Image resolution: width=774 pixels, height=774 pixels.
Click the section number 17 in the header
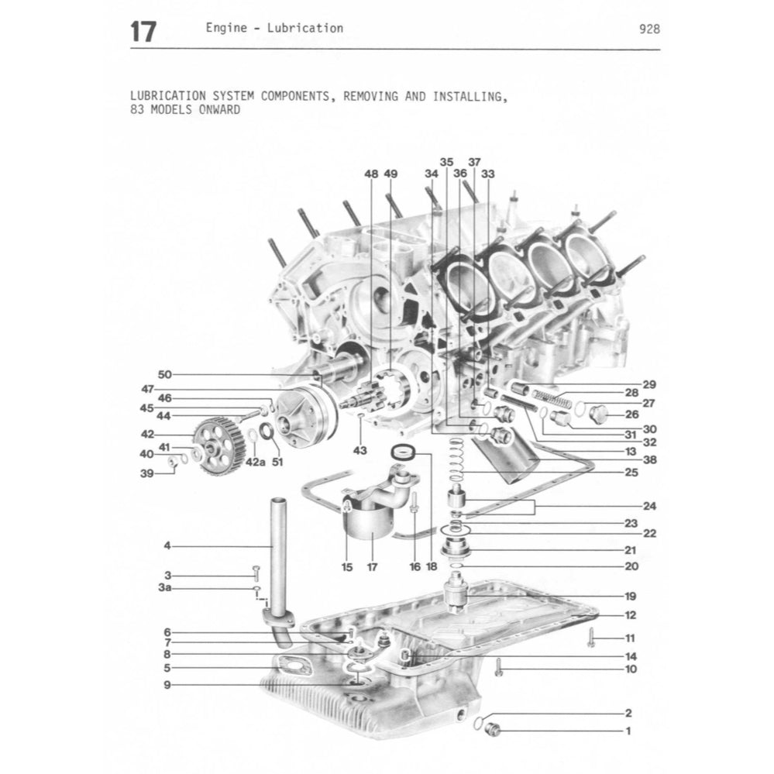coord(143,32)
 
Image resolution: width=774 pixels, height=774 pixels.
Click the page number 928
coord(649,29)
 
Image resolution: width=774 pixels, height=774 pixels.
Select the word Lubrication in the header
coord(304,28)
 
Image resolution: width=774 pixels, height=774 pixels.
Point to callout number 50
coord(164,374)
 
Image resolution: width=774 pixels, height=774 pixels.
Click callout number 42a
coord(254,463)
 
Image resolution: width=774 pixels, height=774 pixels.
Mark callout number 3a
coord(165,589)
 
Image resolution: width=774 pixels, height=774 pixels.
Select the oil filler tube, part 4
coord(277,550)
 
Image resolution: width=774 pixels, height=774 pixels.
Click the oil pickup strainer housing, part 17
coord(371,521)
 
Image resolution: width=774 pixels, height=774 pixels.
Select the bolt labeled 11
coord(590,638)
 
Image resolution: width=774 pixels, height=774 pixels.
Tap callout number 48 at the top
coord(371,174)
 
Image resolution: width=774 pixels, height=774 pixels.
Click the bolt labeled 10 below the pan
coord(498,667)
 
